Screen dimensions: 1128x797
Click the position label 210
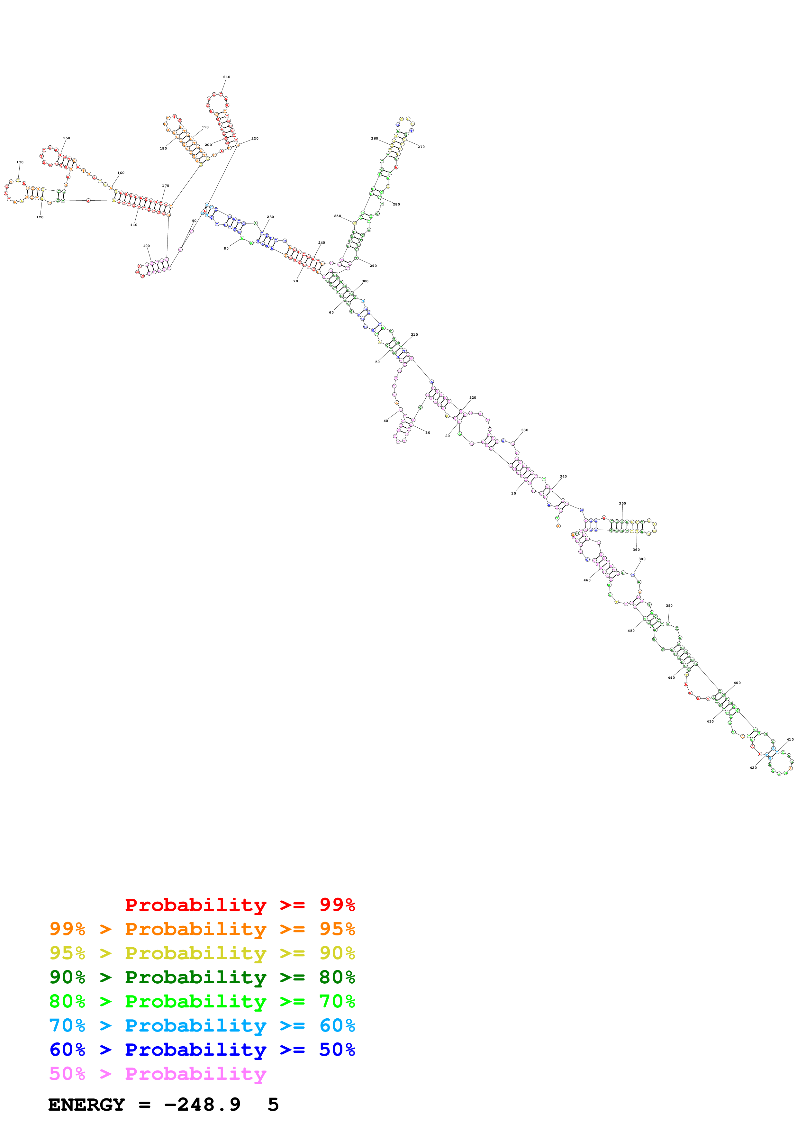pyautogui.click(x=226, y=77)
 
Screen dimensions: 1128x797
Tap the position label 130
pyautogui.click(x=20, y=162)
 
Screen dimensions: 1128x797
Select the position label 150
pyautogui.click(x=66, y=138)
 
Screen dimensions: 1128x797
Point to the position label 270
pyautogui.click(x=421, y=147)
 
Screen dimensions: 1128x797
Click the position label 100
pyautogui.click(x=146, y=246)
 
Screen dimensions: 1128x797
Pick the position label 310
pyautogui.click(x=414, y=334)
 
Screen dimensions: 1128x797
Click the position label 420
pyautogui.click(x=753, y=768)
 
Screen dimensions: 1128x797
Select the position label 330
pyautogui.click(x=524, y=430)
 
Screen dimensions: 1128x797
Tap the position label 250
pyautogui.click(x=337, y=216)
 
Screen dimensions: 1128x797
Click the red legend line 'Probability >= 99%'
pyautogui.click(x=240, y=905)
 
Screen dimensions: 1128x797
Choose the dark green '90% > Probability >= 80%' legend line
pyautogui.click(x=202, y=977)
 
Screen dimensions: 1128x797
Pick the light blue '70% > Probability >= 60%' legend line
pyautogui.click(x=202, y=1025)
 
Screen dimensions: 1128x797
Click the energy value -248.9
pyautogui.click(x=202, y=1105)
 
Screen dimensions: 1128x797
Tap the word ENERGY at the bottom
pyautogui.click(x=86, y=1105)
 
